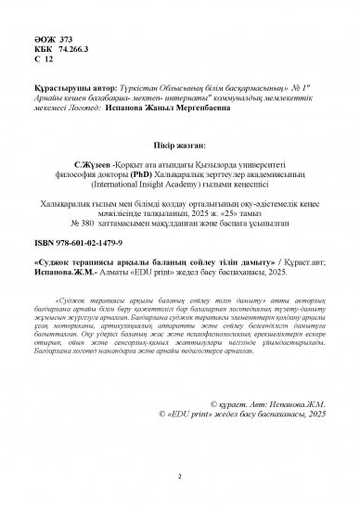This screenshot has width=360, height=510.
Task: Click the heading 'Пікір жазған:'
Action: point(179,147)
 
